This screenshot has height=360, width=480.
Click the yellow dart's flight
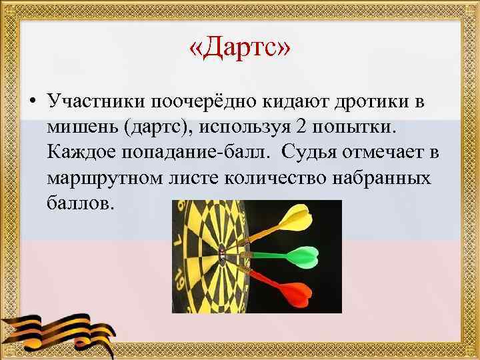[x=297, y=219]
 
